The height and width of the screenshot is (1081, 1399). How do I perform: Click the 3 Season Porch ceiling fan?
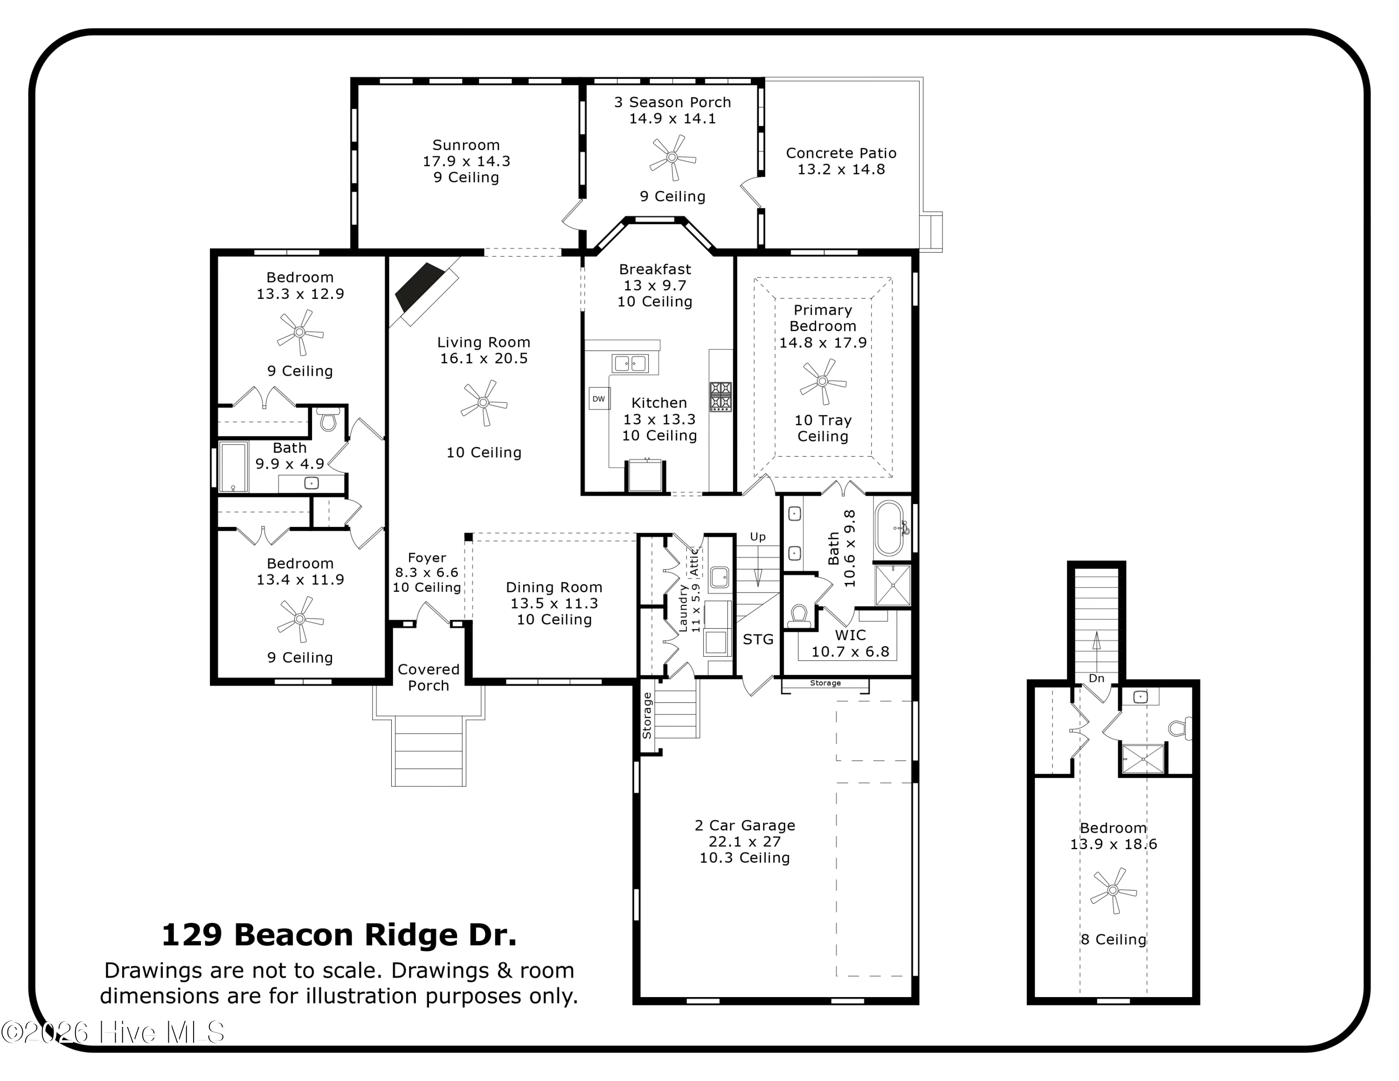click(x=672, y=157)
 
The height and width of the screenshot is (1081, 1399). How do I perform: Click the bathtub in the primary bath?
click(x=889, y=528)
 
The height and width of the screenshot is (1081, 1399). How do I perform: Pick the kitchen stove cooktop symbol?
click(x=720, y=396)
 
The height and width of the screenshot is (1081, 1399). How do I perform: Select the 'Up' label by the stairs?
click(x=757, y=537)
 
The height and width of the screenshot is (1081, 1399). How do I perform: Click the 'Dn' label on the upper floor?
click(x=1096, y=678)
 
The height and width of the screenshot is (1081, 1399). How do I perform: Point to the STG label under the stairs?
click(x=758, y=639)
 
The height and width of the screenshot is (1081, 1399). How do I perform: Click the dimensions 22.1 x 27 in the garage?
click(x=744, y=841)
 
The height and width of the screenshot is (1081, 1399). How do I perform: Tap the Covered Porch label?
click(x=429, y=677)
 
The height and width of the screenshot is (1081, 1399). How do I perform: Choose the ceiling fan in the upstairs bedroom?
click(x=1113, y=890)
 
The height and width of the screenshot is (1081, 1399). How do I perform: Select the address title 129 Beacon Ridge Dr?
click(x=339, y=935)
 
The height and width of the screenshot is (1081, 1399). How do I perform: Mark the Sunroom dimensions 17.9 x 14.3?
click(x=466, y=161)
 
